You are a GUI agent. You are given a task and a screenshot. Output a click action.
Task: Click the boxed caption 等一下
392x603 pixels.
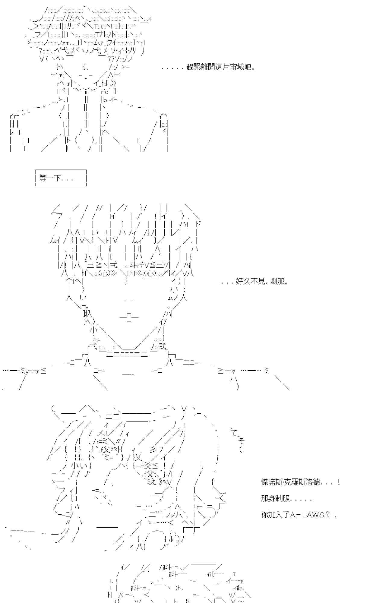pos(61,178)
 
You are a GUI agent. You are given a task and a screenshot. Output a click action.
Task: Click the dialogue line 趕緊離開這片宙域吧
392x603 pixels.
pos(221,67)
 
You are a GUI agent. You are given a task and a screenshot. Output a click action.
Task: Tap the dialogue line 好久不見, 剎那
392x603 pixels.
pos(261,282)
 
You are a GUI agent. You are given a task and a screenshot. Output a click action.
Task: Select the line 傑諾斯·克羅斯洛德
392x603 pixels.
pos(300,482)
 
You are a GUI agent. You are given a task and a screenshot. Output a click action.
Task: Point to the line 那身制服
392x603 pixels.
pos(286,498)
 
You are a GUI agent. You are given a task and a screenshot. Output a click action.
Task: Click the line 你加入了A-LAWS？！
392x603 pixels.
pos(299,515)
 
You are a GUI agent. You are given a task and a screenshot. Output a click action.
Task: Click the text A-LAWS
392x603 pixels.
pos(307,515)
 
